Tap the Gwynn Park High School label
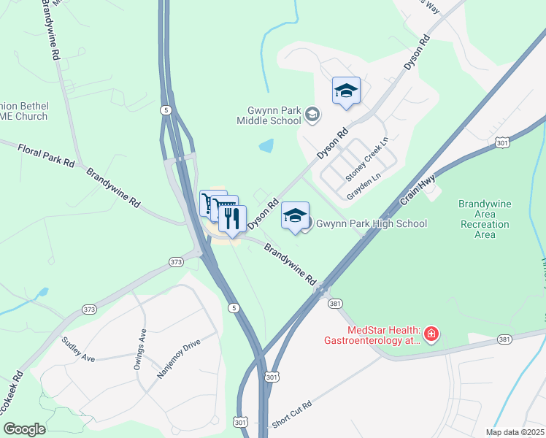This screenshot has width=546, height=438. pos(371,223)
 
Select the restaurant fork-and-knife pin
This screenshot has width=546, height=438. pos(232,218)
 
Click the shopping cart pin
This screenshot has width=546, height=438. pos(211,201)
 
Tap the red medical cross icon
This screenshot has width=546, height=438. pos(431,334)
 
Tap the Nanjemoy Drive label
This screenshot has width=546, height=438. pos(177,357)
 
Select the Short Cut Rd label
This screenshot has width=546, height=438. pos(292,415)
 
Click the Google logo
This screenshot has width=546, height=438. pos(24,429)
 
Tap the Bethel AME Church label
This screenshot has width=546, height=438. pos(23,111)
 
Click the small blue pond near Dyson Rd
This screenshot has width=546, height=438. pos(266,145)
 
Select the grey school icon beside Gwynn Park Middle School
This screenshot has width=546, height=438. pos(312,114)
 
